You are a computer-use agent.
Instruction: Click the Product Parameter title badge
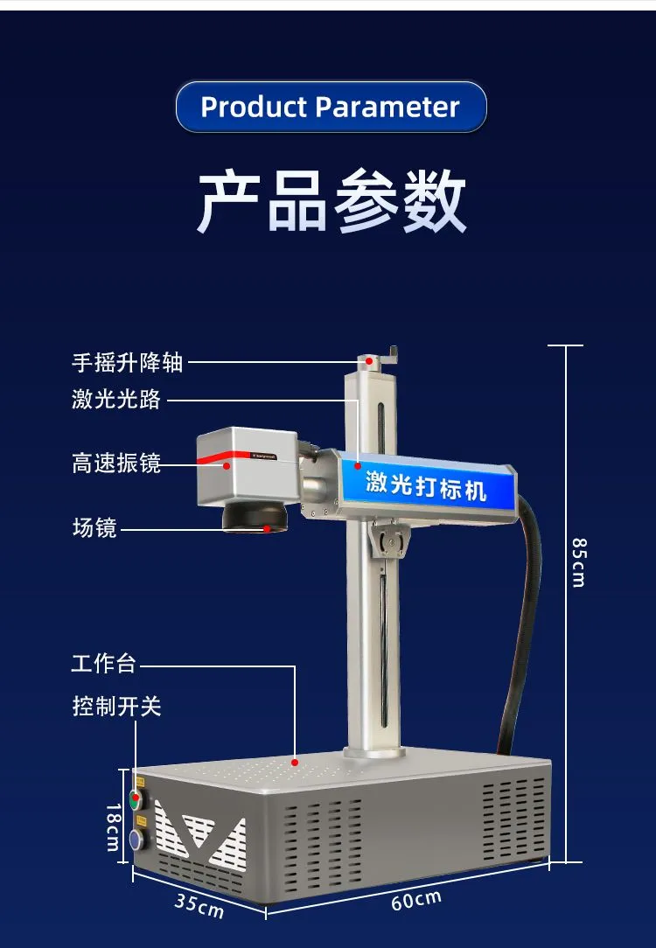point(331,107)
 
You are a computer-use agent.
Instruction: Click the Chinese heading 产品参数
point(331,201)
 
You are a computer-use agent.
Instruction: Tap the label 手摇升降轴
point(128,362)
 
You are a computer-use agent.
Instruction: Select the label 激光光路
point(116,400)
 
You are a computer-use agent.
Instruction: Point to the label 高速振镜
point(116,463)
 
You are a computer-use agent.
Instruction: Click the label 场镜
point(94,527)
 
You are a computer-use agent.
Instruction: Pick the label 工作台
point(104,663)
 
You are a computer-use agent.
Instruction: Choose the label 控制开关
point(116,706)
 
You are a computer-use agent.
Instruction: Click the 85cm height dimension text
point(578,561)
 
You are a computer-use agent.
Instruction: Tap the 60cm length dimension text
point(416,899)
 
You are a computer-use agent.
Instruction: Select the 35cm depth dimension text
point(199,905)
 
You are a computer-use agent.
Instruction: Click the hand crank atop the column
point(391,353)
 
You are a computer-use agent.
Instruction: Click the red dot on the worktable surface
point(295,762)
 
